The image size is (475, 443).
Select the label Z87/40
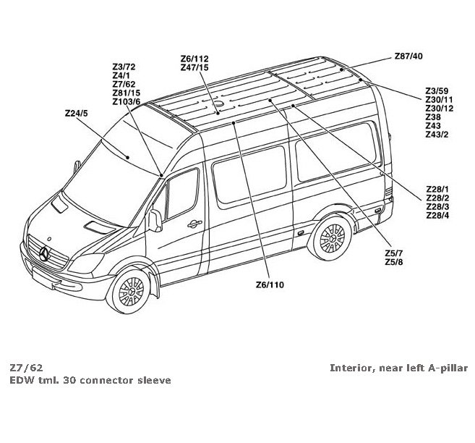click(x=408, y=56)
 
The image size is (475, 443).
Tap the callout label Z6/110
click(x=270, y=284)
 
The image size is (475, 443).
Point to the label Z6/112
click(x=194, y=59)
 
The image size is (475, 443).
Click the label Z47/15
click(x=194, y=67)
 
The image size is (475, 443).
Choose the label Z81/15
click(x=127, y=93)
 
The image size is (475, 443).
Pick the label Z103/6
click(x=127, y=101)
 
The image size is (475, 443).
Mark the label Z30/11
click(x=440, y=100)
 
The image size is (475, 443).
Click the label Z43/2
click(x=437, y=135)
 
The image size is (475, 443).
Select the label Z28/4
click(x=438, y=216)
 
